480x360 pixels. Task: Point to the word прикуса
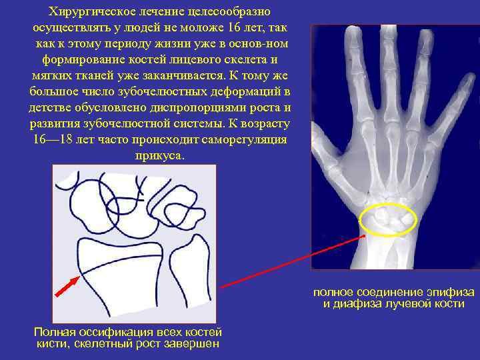pyautogui.click(x=158, y=155)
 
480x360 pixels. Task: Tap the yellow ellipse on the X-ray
pyautogui.click(x=388, y=219)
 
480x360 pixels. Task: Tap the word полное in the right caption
pyautogui.click(x=333, y=293)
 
